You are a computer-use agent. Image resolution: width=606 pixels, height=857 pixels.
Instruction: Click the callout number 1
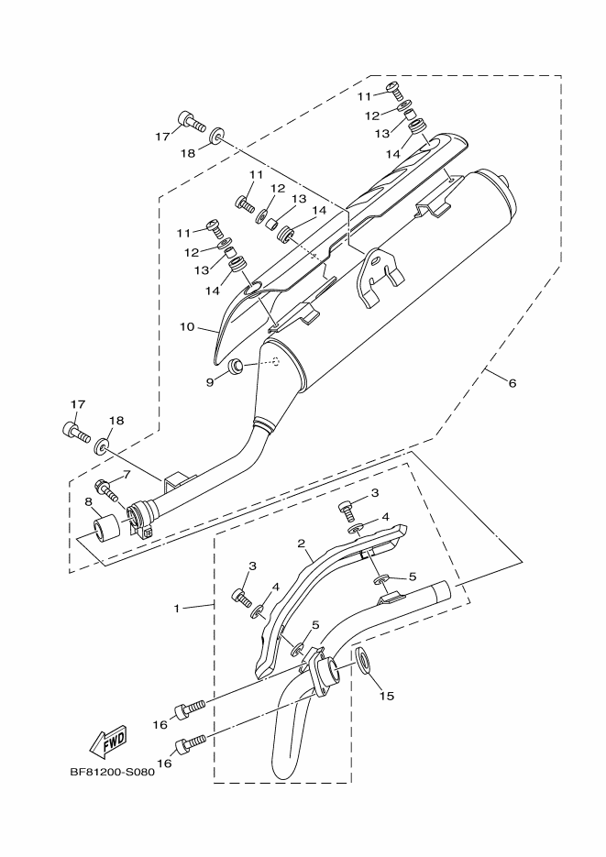(180, 607)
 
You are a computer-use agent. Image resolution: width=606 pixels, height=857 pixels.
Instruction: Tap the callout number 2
(301, 544)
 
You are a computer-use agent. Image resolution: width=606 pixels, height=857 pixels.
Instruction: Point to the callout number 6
(512, 383)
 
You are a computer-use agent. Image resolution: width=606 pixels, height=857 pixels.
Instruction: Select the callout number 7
(127, 474)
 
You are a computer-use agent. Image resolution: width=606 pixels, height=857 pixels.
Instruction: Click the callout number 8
(88, 502)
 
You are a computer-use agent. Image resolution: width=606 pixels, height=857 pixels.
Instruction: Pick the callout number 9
(209, 380)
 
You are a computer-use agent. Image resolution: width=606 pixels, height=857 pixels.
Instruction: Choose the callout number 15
(387, 696)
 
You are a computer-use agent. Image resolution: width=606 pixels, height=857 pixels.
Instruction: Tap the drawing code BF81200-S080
(112, 772)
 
